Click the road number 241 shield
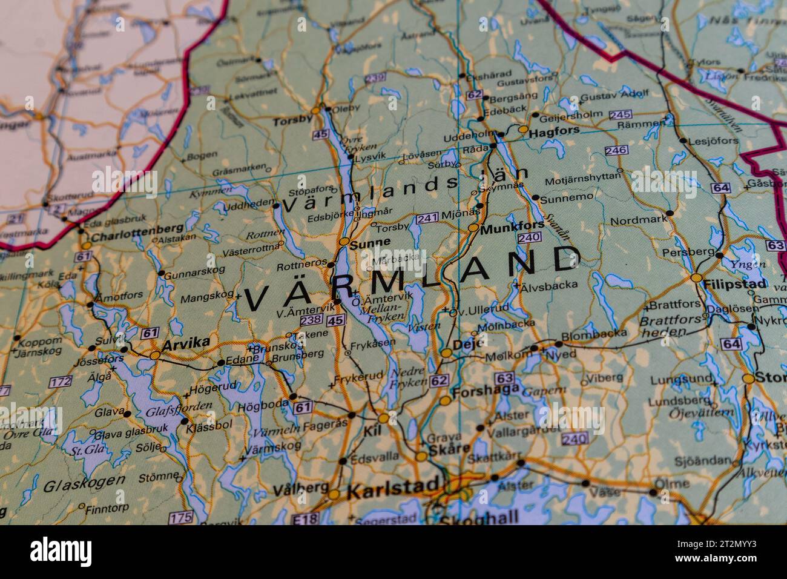click(427, 218)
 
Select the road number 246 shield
click(615, 150)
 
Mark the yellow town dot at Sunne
click(344, 242)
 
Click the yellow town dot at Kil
click(383, 418)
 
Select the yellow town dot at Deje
click(446, 352)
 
